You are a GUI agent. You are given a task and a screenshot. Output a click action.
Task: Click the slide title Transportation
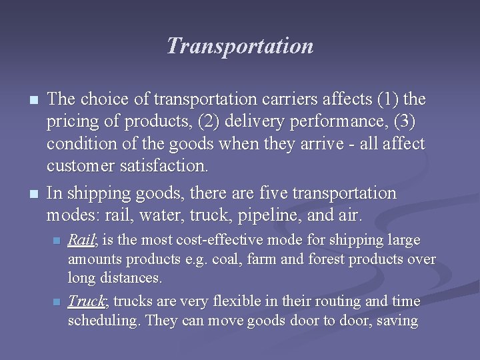click(x=239, y=46)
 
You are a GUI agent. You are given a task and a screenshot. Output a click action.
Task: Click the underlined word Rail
click(x=80, y=240)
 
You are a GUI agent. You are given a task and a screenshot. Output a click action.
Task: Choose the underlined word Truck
click(x=86, y=301)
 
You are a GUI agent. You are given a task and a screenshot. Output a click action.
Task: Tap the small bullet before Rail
click(x=57, y=241)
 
